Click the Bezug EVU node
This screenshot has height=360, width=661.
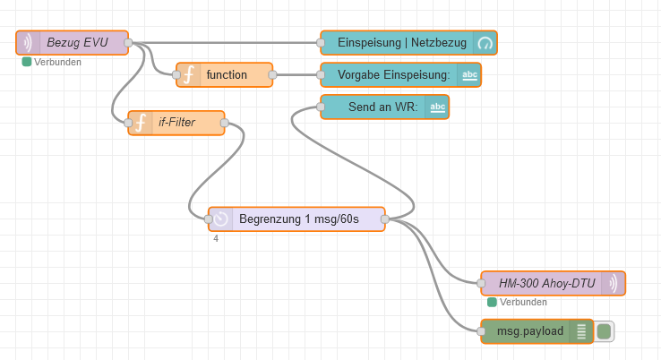pos(77,42)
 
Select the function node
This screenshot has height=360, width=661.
pos(227,74)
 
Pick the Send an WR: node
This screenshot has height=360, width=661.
pos(376,107)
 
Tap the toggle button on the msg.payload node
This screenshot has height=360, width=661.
pos(604,331)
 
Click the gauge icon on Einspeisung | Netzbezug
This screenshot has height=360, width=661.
pos(485,42)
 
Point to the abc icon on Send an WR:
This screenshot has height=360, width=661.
pos(437,107)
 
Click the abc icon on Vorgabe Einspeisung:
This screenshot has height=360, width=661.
pos(469,74)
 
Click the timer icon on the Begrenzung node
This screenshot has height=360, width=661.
pos(221,219)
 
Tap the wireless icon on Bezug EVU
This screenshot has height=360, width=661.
pos(29,42)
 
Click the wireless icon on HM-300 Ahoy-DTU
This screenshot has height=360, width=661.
pos(614,283)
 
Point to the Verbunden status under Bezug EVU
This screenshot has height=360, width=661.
pos(52,62)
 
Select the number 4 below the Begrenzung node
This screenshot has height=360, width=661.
pos(216,238)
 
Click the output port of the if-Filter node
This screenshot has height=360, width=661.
pos(225,122)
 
